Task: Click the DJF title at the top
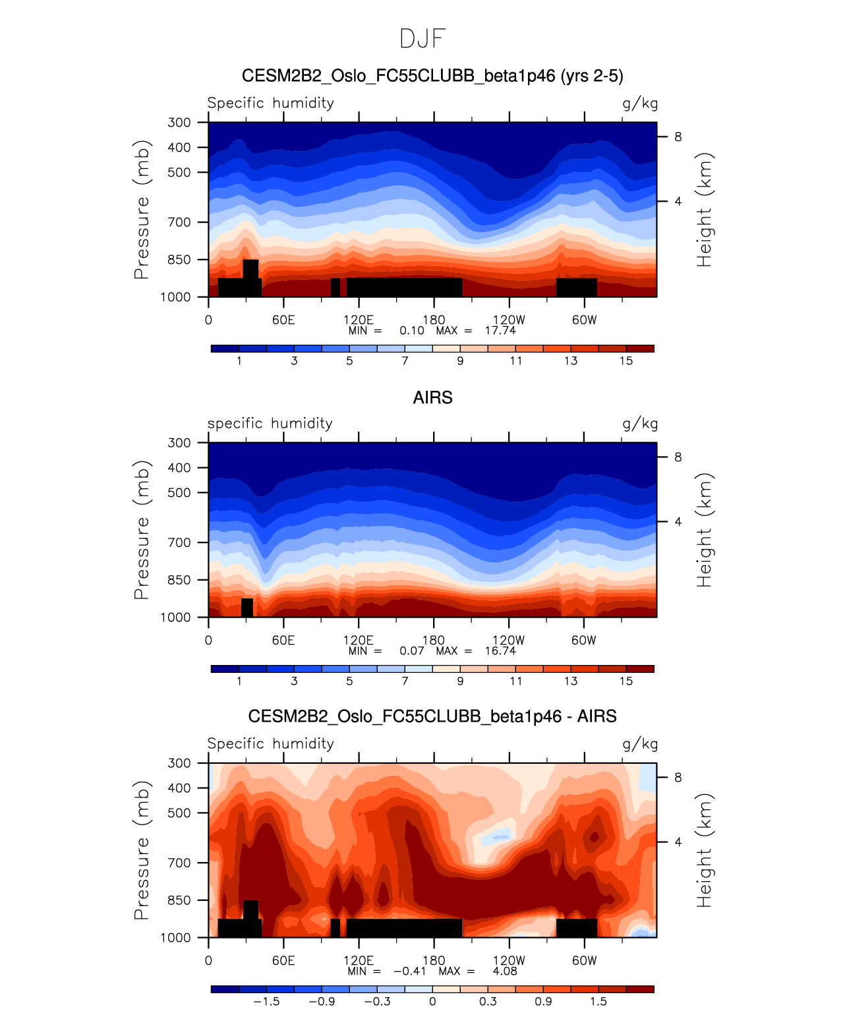423,39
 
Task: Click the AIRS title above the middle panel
432,398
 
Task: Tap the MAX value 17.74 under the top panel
500,331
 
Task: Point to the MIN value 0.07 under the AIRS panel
412,651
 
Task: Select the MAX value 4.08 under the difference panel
505,971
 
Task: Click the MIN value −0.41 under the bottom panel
409,971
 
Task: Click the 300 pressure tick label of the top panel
179,123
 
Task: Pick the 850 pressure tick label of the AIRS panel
179,581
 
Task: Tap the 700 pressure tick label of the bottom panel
179,863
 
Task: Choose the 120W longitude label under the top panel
509,320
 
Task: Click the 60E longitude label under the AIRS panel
283,641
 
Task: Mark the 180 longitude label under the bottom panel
434,961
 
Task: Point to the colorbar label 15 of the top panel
626,361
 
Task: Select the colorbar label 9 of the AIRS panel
460,681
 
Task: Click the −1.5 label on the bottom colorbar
266,1002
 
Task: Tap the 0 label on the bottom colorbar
432,1002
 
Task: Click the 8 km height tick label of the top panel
678,137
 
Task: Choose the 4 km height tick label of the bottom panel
678,842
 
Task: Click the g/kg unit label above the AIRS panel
640,424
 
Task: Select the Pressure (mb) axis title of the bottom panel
142,850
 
